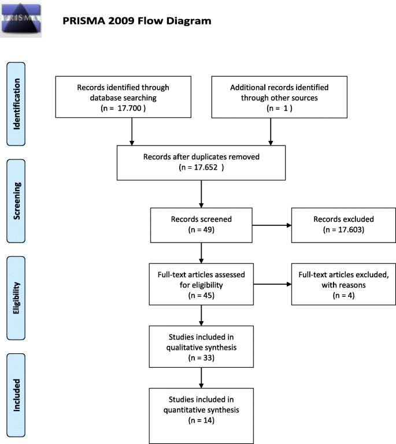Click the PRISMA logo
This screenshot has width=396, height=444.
pyautogui.click(x=22, y=18)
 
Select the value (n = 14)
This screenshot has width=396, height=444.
pyautogui.click(x=201, y=420)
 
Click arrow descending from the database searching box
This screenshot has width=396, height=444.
pyautogui.click(x=132, y=133)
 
